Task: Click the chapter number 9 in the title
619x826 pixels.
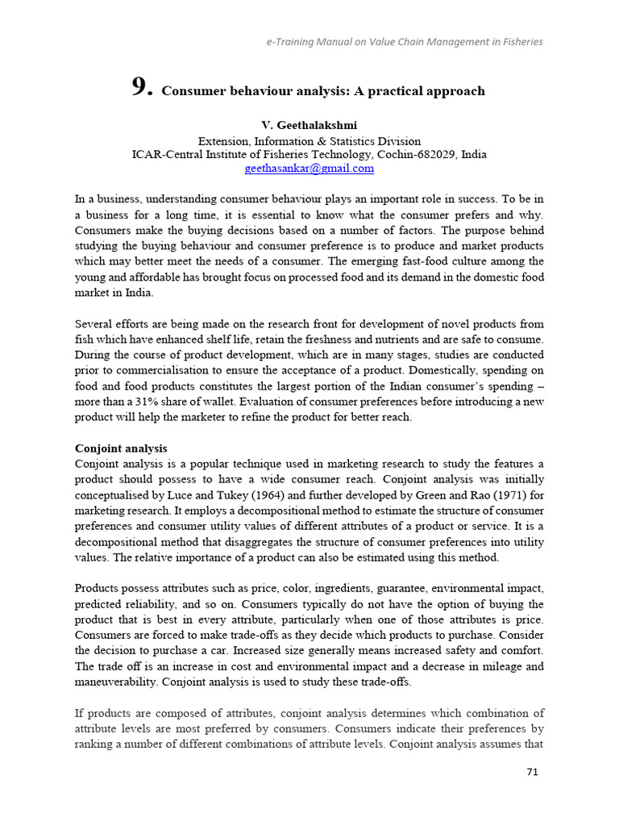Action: [x=141, y=89]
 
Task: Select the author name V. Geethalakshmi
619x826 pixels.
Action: [x=309, y=125]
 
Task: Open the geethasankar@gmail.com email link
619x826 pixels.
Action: [x=309, y=169]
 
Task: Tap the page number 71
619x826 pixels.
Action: [x=532, y=771]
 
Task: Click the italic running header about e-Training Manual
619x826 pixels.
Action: [x=404, y=42]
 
